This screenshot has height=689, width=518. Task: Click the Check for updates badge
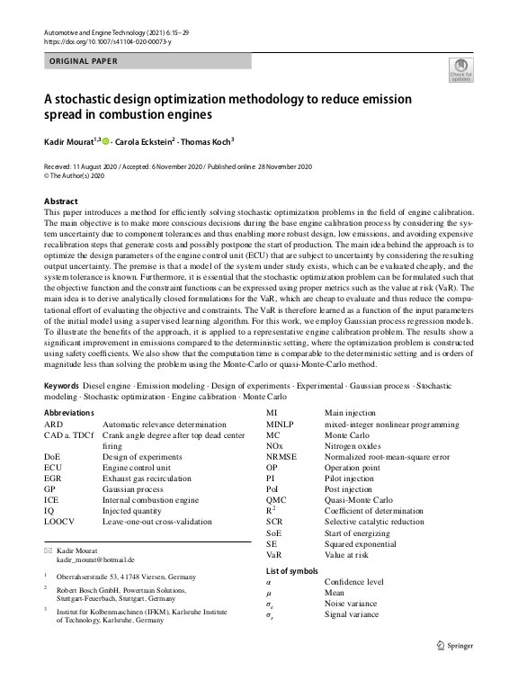coord(461,70)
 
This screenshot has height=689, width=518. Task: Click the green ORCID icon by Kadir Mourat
coord(106,141)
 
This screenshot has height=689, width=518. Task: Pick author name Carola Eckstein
coord(144,141)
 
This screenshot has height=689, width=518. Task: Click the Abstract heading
coord(60,201)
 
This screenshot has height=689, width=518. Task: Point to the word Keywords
coord(61,385)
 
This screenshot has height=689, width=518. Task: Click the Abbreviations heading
coord(68,412)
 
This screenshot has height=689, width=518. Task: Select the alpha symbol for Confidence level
coord(270,582)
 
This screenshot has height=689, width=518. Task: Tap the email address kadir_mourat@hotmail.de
coord(95,559)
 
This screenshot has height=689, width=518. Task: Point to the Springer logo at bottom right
coord(454,644)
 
